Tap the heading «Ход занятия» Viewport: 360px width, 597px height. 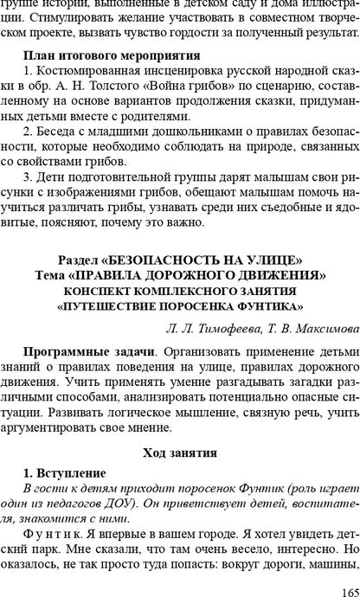click(179, 453)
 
